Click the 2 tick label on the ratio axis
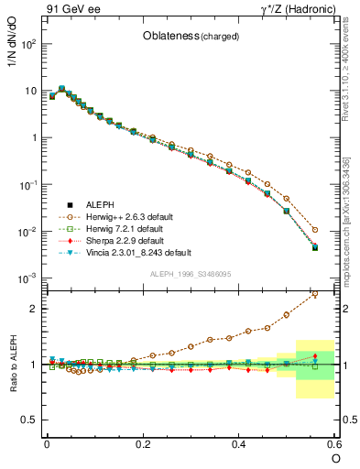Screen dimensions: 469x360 tap(36, 309)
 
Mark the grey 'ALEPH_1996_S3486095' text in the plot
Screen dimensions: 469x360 tap(191, 274)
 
